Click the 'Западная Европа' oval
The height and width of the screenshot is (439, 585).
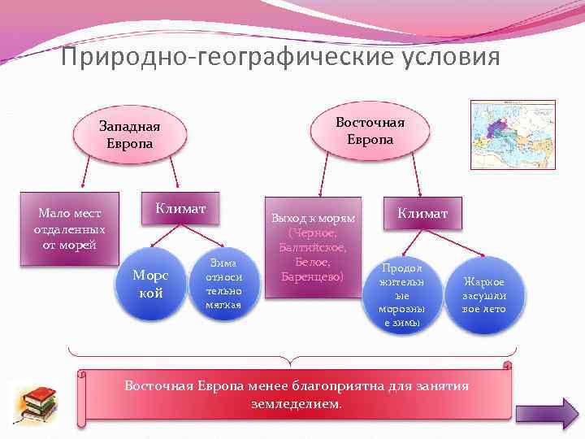point(129,135)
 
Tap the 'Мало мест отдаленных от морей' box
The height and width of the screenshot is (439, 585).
point(69,228)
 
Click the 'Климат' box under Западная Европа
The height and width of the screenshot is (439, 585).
point(180,210)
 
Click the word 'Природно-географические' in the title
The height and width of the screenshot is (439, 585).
point(202,59)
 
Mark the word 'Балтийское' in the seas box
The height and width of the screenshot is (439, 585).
point(313,247)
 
